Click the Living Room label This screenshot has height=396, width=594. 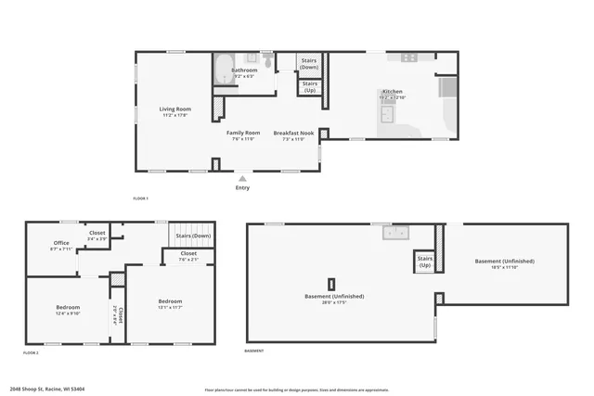[175, 111]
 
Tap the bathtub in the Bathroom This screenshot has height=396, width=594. [226, 70]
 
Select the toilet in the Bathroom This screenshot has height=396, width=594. [266, 61]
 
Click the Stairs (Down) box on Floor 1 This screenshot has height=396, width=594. [309, 64]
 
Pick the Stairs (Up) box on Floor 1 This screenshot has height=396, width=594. [309, 87]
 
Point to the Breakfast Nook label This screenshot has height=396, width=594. [293, 135]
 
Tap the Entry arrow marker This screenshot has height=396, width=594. [242, 178]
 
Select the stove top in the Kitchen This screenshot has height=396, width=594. [409, 57]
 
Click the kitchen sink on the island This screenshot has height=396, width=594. [388, 113]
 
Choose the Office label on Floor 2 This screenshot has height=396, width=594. [61, 246]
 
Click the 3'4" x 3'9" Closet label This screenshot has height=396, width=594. [97, 235]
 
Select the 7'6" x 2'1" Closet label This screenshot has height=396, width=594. [188, 255]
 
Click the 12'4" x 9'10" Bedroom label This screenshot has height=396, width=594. [67, 309]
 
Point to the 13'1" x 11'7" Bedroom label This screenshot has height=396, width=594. [170, 303]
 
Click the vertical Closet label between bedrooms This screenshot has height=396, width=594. [117, 316]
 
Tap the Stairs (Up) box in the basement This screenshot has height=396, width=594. [425, 262]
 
